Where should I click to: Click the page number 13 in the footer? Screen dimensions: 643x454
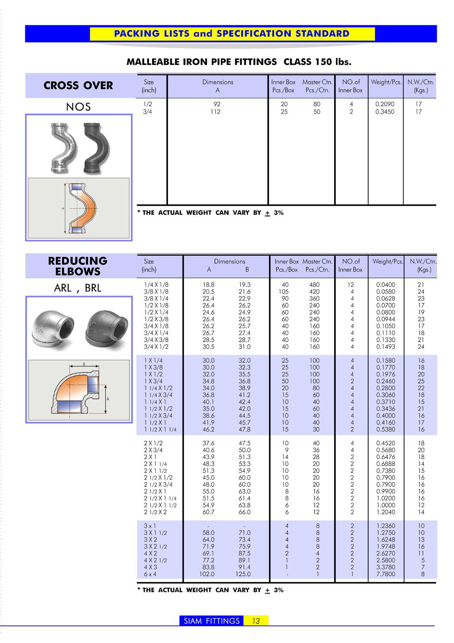coord(256,621)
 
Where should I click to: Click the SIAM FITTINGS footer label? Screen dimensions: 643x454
coord(212,621)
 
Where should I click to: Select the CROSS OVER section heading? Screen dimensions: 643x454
coord(78,85)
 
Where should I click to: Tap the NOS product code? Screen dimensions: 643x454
coord(78,107)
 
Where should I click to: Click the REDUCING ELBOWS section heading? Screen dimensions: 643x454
coord(78,266)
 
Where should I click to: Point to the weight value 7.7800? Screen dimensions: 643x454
coord(385,574)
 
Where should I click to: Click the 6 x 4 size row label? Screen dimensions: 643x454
coord(150,574)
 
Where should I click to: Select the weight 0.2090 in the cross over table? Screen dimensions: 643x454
coord(385,104)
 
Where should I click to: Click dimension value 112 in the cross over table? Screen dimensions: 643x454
coord(215,112)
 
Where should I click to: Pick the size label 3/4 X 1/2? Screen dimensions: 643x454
coord(156,346)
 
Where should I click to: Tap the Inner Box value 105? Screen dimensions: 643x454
coord(284,292)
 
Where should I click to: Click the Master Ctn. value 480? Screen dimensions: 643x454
coord(314,285)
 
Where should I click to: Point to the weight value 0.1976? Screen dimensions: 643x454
coord(385,374)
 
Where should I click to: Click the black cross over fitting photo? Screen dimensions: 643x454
coord(97,147)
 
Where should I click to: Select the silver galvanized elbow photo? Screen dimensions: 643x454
coord(52,330)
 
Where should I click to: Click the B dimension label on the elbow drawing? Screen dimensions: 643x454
coord(84,364)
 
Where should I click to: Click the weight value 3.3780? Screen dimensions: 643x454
coord(385,567)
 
